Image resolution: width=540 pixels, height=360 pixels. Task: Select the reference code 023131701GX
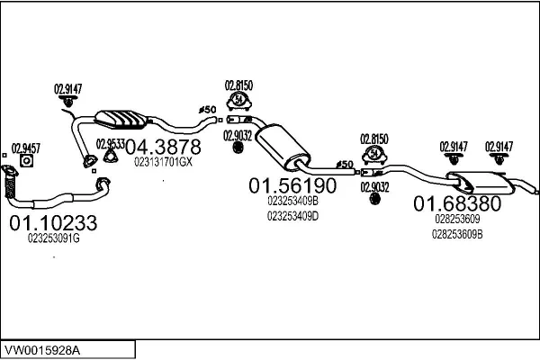(x=163, y=162)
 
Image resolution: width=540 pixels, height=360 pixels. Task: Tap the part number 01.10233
(x=54, y=221)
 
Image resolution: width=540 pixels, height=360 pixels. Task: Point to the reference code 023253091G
(x=54, y=238)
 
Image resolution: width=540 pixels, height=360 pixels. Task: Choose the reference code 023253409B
(x=292, y=202)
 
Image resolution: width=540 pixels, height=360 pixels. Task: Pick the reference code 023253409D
(x=292, y=216)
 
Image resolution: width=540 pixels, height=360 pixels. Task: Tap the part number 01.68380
(x=457, y=203)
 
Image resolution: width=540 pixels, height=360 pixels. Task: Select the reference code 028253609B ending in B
(x=457, y=234)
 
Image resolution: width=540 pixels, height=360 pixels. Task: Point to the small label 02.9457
(x=25, y=147)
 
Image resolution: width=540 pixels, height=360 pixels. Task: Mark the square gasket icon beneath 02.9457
(x=26, y=161)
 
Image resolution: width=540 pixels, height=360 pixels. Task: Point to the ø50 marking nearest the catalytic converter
(x=208, y=110)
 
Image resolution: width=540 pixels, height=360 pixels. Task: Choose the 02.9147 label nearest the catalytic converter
(x=68, y=88)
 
